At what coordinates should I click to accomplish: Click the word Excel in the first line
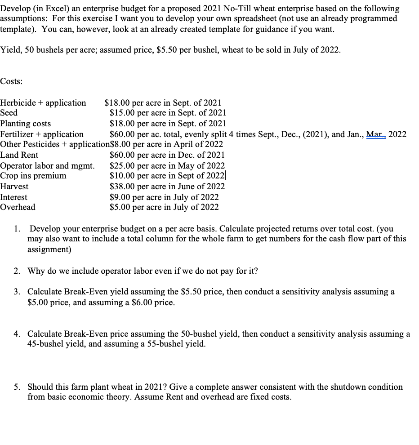point(52,9)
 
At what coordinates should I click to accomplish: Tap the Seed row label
point(9,113)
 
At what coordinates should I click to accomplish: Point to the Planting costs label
point(26,124)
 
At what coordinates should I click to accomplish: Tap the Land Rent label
point(19,155)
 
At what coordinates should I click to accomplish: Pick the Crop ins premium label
point(33,176)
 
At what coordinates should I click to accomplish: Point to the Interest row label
point(14,197)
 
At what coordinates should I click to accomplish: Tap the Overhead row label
point(18,207)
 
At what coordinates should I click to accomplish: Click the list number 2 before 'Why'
point(16,271)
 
